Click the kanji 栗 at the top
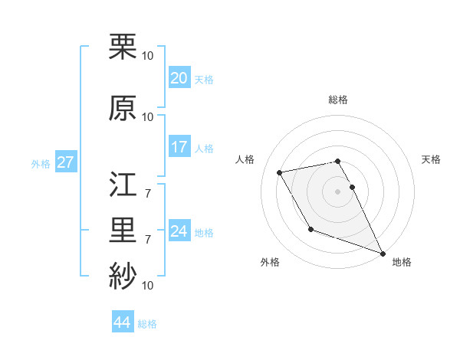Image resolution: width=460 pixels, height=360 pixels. tap(123, 47)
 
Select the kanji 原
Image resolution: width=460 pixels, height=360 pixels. tap(123, 108)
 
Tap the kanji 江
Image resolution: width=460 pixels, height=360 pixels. tap(123, 185)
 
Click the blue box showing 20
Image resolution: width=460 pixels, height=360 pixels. tap(179, 78)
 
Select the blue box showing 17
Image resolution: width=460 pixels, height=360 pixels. tap(179, 147)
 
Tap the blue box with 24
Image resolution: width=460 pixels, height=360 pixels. tap(179, 231)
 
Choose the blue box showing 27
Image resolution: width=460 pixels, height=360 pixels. tap(65, 162)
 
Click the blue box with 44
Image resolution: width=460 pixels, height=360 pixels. tap(122, 322)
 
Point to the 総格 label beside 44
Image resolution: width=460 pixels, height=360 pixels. tap(147, 324)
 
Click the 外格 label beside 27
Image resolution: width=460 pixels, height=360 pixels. tap(40, 163)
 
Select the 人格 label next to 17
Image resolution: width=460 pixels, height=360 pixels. tap(204, 148)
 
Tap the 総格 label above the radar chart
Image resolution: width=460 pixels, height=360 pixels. tap(337, 100)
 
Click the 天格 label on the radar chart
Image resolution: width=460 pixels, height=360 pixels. tap(432, 159)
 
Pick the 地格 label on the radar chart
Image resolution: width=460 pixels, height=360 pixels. tap(402, 263)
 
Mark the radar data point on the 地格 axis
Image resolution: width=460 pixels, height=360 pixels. tap(383, 253)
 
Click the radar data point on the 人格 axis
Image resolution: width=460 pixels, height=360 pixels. tap(280, 172)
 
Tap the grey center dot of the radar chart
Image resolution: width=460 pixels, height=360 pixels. tap(337, 191)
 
